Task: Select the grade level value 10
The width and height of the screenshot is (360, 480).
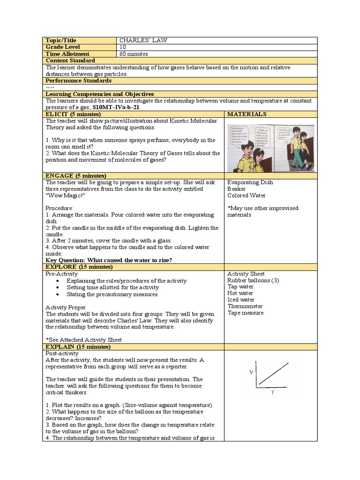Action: (123, 47)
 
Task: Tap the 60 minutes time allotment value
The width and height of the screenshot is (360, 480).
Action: (135, 54)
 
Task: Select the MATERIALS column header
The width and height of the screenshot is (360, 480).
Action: (247, 114)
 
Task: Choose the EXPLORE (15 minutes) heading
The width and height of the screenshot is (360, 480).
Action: (79, 267)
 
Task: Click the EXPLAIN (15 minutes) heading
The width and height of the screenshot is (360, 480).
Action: (78, 346)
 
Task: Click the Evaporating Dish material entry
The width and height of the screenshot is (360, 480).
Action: (250, 182)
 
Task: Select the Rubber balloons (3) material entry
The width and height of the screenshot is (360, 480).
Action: (253, 280)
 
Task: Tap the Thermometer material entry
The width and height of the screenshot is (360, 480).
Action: (245, 306)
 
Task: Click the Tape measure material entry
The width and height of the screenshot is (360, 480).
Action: (245, 313)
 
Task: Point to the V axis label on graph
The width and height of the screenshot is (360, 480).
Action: (251, 372)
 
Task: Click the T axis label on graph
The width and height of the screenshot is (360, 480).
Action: (272, 393)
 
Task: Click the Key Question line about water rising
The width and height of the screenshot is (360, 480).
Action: (109, 260)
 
